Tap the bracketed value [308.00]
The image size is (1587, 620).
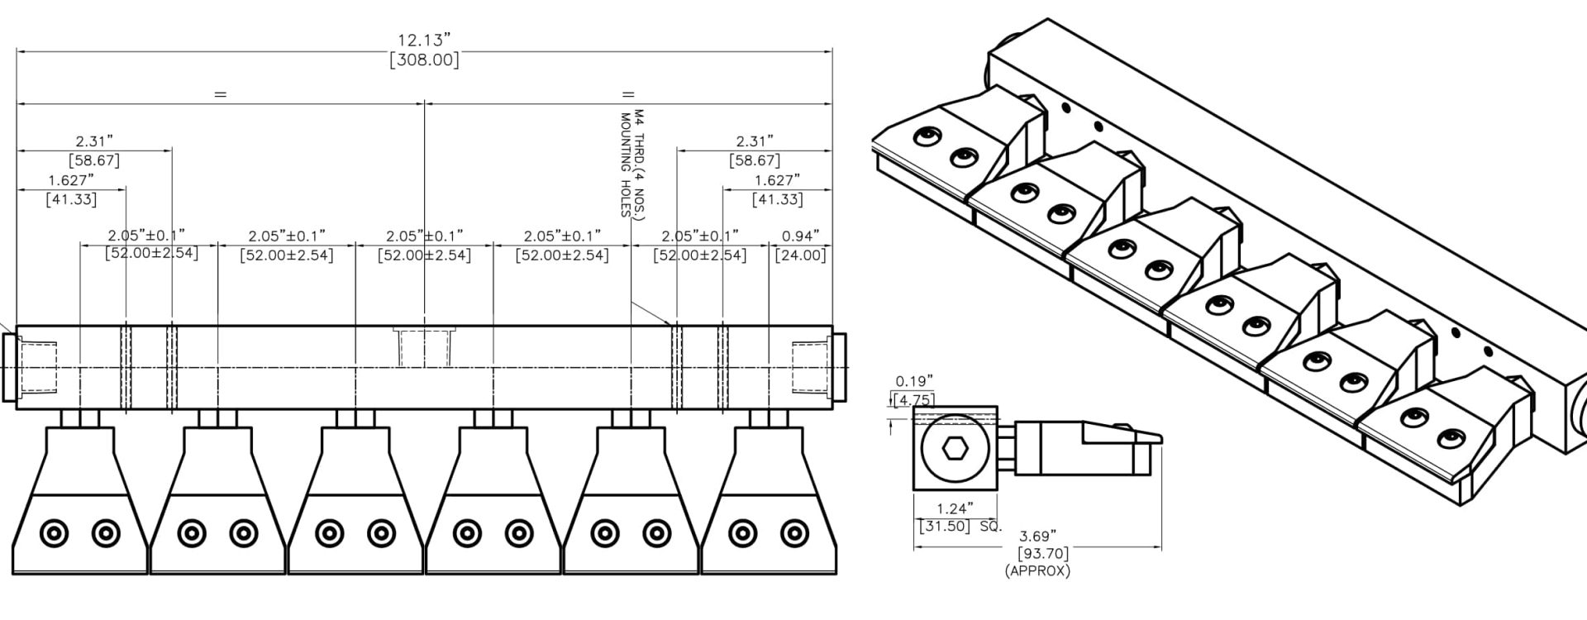point(424,60)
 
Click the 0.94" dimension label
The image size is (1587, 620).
point(800,236)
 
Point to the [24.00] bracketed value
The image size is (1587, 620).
point(800,255)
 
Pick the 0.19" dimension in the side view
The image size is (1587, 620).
point(914,381)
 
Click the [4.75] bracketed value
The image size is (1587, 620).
point(914,400)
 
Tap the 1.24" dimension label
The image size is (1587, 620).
point(955,508)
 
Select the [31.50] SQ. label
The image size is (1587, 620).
point(960,526)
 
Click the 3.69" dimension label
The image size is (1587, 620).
point(1037,537)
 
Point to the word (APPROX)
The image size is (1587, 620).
point(1037,570)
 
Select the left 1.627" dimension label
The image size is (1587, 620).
point(71,180)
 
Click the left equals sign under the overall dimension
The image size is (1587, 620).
point(220,94)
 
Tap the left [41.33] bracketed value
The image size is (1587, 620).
point(71,199)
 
